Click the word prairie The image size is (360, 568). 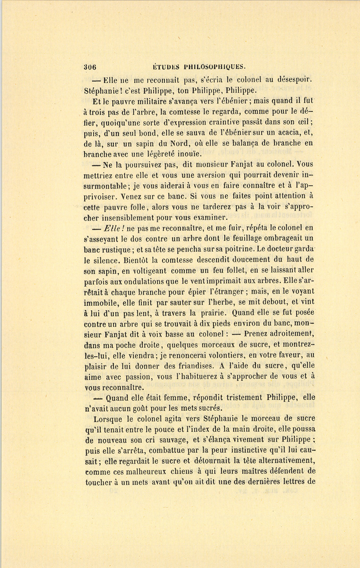tap(222, 312)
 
